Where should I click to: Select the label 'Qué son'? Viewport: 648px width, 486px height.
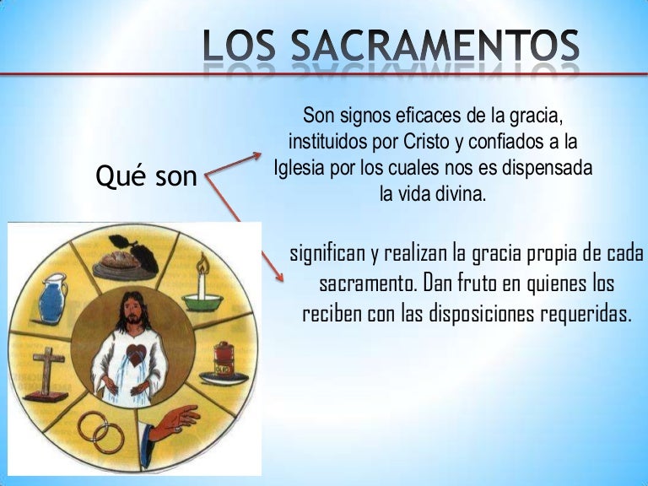click(x=148, y=177)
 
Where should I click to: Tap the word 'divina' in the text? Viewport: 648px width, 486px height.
click(x=459, y=194)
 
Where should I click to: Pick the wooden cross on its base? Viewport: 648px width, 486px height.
click(x=48, y=371)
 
